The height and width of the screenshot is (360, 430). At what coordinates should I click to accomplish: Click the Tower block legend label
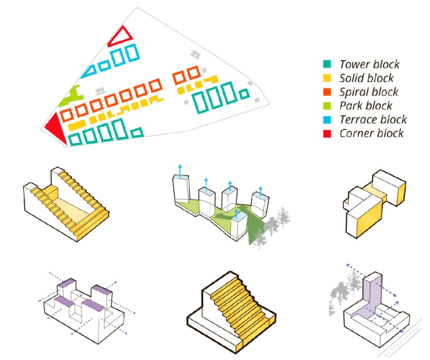coord(369,65)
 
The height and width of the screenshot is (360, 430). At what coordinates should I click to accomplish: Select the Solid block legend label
coord(366,79)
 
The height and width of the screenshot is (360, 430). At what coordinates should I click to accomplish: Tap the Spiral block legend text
coord(368,92)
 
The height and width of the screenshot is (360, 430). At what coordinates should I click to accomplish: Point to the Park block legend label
coord(366,106)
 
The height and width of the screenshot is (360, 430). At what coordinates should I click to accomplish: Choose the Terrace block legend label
coord(373,120)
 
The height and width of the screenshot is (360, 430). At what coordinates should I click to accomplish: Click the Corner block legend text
coord(371,134)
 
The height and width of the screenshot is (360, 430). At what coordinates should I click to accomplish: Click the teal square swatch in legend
coord(327,65)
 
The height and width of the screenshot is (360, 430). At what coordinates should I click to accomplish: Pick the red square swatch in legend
coord(327,134)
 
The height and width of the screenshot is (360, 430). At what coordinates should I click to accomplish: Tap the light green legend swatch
coord(327,106)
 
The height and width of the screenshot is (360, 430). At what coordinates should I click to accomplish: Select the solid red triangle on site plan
coord(56,126)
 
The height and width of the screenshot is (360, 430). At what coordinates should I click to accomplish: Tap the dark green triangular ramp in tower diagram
coord(253,228)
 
